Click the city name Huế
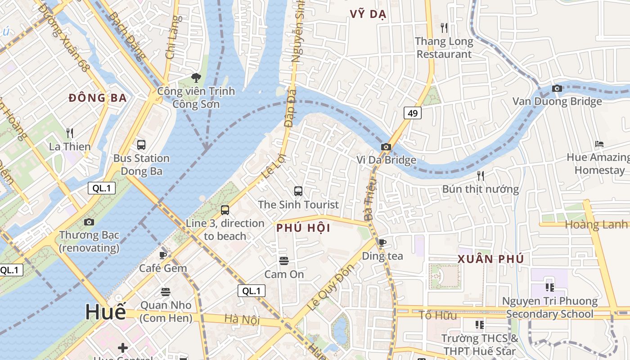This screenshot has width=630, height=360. pos(105,312)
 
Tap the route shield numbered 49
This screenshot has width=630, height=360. pos(413,113)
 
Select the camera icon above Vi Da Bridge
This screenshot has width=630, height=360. pos(386,147)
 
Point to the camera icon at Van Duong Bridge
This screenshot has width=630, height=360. pos(557,88)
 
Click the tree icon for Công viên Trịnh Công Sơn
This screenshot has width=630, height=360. pos(196,78)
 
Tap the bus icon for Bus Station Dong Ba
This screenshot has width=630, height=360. pos(141,145)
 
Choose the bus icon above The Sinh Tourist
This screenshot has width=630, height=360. pos(298,191)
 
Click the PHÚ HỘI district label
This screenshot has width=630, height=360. pos(303,228)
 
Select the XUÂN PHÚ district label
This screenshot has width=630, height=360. pos(490,259)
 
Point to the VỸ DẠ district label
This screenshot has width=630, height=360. pos(368,14)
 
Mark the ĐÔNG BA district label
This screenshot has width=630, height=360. pos(98,98)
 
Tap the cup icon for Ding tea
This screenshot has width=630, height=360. pos(382,243)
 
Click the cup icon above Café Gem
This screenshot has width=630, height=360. pos(163,255)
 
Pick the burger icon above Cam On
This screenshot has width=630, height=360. pos(283,261)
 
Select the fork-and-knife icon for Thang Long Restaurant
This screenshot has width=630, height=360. pos(444,28)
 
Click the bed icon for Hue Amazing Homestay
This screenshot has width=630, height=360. pos(599,144)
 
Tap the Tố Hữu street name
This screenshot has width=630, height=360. pos(438,315)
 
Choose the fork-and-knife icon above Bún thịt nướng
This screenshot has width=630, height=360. pos(481,175)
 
